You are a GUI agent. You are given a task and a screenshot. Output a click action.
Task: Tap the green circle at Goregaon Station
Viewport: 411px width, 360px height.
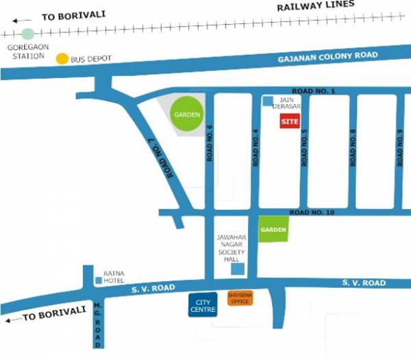pyautogui.click(x=27, y=34)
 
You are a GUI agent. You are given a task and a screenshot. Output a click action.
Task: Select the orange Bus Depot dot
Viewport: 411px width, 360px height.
pyautogui.click(x=62, y=59)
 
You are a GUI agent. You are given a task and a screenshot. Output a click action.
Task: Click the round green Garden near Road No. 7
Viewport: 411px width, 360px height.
pyautogui.click(x=186, y=115)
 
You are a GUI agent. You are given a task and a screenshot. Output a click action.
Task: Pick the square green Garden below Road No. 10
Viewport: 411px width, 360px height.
pyautogui.click(x=273, y=230)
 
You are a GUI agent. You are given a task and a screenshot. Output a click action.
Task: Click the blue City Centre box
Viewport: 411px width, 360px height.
pyautogui.click(x=202, y=305)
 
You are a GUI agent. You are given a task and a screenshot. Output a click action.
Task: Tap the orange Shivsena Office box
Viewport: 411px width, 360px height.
pyautogui.click(x=240, y=298)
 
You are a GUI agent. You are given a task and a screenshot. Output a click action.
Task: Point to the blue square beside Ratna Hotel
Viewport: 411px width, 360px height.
pyautogui.click(x=99, y=280)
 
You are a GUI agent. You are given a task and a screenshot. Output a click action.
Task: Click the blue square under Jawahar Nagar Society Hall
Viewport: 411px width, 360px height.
pyautogui.click(x=236, y=269)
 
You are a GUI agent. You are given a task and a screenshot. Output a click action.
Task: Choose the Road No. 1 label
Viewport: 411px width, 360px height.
pyautogui.click(x=313, y=91)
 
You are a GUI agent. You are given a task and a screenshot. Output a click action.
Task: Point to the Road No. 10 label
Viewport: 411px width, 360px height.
pyautogui.click(x=312, y=213)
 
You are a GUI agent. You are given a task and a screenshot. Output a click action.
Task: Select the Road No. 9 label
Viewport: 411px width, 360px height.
pyautogui.click(x=400, y=148)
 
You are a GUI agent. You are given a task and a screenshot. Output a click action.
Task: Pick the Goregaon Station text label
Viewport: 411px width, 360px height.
pyautogui.click(x=25, y=51)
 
